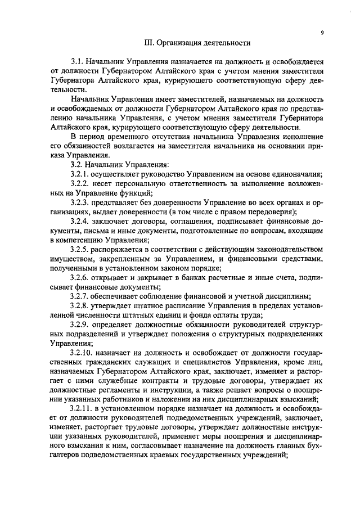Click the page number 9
pyautogui.click(x=322, y=33)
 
